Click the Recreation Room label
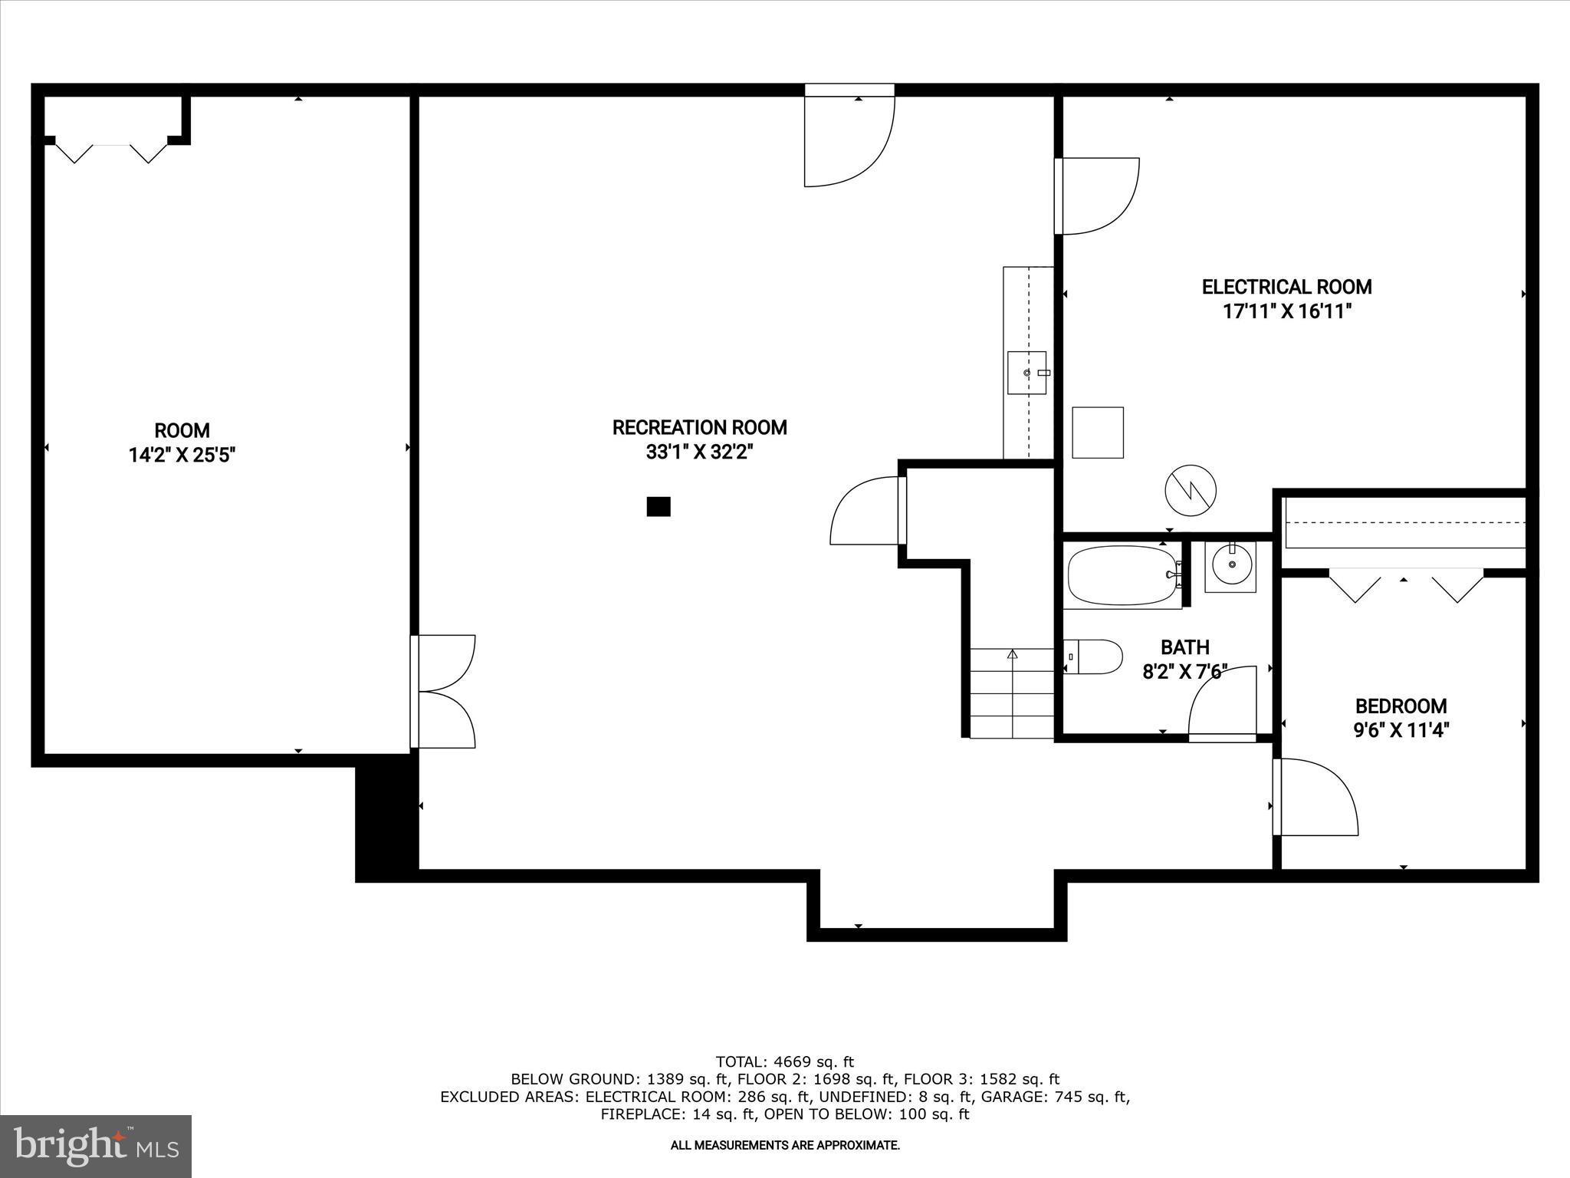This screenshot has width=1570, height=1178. (x=699, y=427)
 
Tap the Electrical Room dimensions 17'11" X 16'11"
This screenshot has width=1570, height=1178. (x=1286, y=311)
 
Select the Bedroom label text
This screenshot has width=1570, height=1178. (x=1401, y=706)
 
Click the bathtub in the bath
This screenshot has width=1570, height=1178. (x=1121, y=575)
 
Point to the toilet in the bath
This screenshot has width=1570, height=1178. (x=1095, y=657)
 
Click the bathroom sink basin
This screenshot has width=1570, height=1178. (x=1230, y=565)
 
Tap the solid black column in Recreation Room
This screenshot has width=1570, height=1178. (x=659, y=506)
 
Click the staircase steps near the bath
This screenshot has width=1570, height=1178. (x=1012, y=694)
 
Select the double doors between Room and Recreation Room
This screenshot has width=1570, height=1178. (x=445, y=691)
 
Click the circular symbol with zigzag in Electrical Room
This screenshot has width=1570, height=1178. (x=1191, y=489)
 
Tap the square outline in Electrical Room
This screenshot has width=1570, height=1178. (x=1097, y=433)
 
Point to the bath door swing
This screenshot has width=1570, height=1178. (x=1223, y=702)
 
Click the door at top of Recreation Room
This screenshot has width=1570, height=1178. (x=849, y=138)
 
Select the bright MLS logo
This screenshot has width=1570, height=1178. (x=96, y=1146)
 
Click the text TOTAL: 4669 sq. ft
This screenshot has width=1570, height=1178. (x=784, y=1062)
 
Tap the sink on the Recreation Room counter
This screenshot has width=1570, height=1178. (x=1026, y=372)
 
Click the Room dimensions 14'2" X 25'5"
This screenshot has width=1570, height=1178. (x=182, y=456)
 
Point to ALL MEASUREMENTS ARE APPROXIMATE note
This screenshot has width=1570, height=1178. (x=784, y=1145)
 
